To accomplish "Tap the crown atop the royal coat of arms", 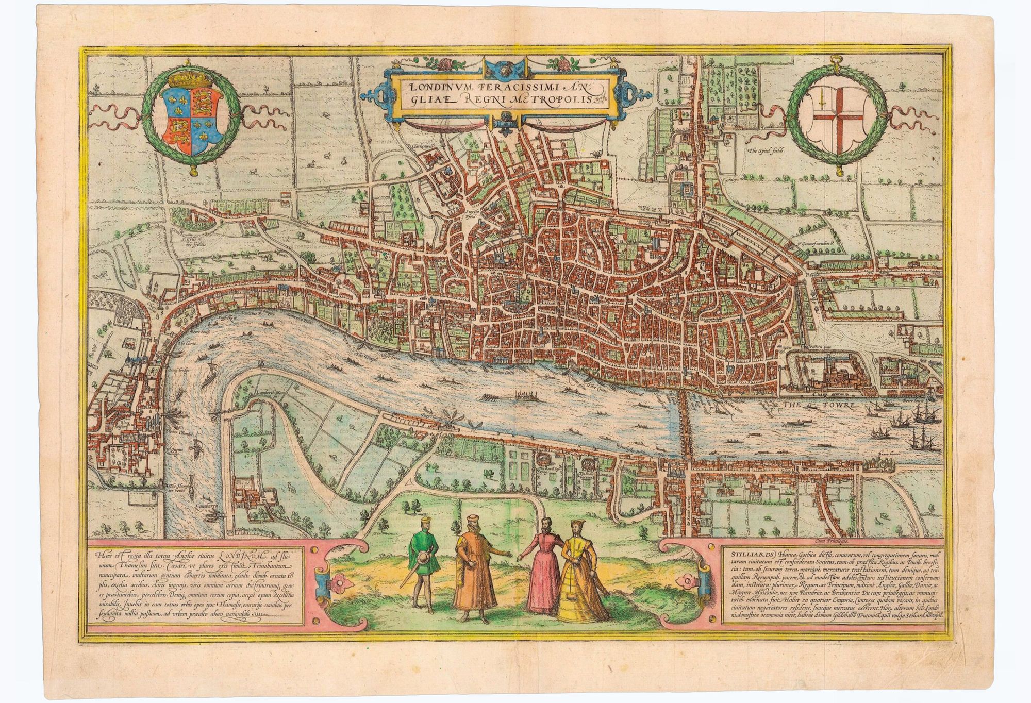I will [192, 79].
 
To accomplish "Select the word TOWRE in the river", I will [838, 407].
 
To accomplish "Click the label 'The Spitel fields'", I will [765, 152].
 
